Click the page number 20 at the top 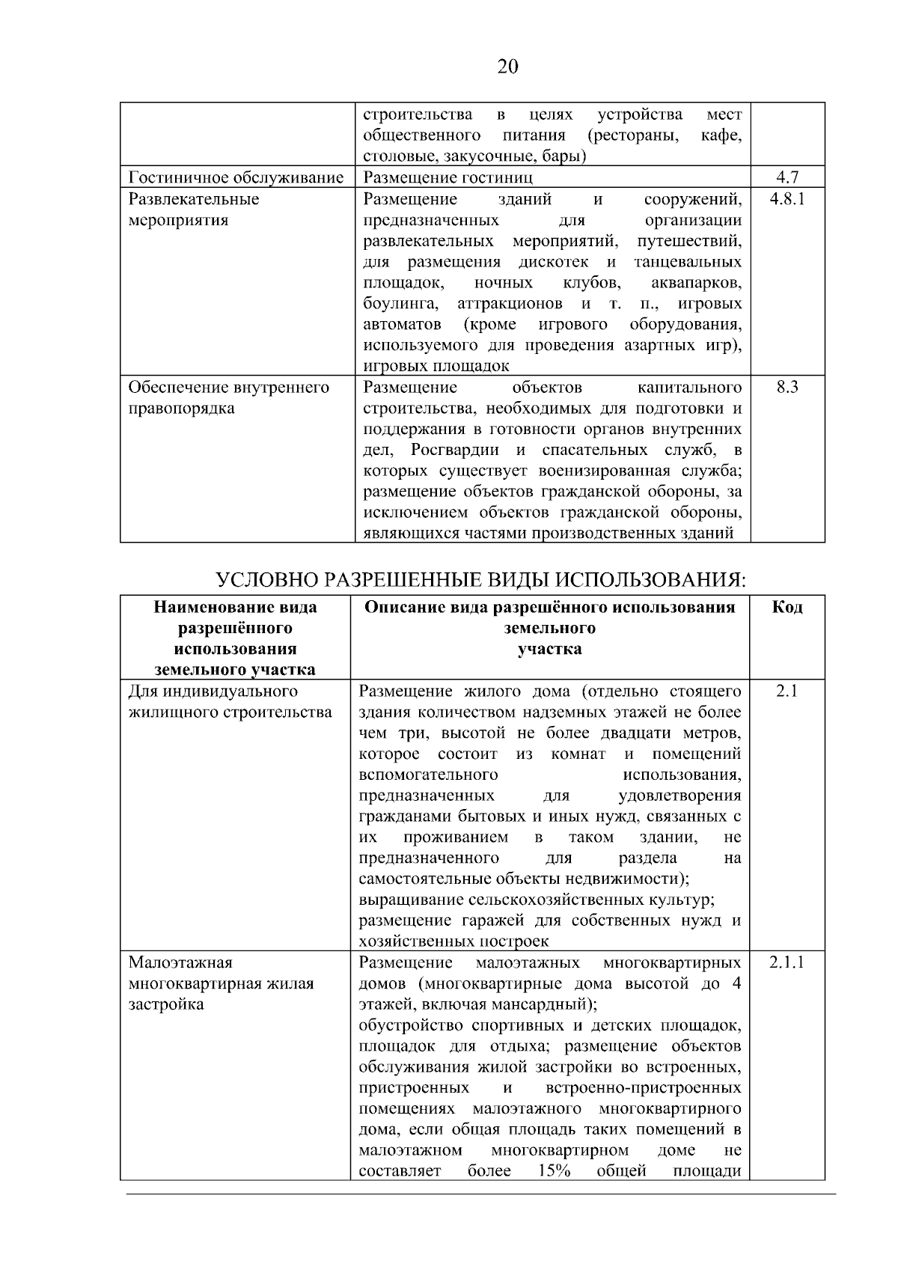[507, 67]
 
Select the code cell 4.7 [788, 177]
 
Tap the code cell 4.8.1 [787, 199]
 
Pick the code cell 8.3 [788, 387]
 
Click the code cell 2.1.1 [787, 962]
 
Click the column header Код [787, 607]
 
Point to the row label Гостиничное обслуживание [236, 177]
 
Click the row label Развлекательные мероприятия [194, 210]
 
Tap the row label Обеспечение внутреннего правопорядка [228, 397]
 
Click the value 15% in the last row [554, 1171]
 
